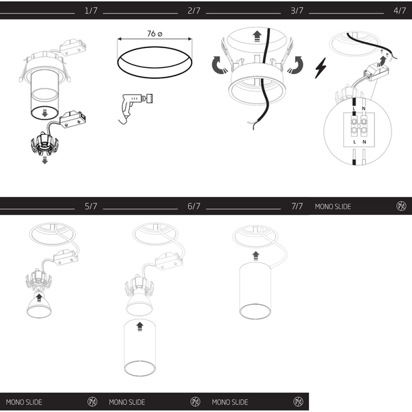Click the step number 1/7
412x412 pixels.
click(91, 10)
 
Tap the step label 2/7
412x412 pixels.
click(194, 10)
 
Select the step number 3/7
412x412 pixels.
click(297, 10)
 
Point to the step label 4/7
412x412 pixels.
click(400, 10)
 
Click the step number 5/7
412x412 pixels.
click(91, 206)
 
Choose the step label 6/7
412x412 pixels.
click(194, 206)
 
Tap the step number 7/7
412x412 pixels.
click(297, 206)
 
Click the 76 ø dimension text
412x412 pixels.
click(154, 34)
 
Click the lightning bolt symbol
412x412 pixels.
click(321, 68)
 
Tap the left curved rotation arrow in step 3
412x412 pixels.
click(219, 65)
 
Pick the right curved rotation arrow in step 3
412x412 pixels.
click(295, 65)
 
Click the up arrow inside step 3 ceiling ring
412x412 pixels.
click(257, 36)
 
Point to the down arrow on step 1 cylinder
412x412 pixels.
click(45, 113)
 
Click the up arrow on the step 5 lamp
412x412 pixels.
click(39, 298)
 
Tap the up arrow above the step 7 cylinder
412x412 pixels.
click(255, 255)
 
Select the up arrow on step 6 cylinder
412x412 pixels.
click(140, 327)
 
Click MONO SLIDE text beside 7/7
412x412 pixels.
click(333, 207)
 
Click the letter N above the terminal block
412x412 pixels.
click(363, 108)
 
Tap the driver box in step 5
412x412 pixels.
click(66, 257)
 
